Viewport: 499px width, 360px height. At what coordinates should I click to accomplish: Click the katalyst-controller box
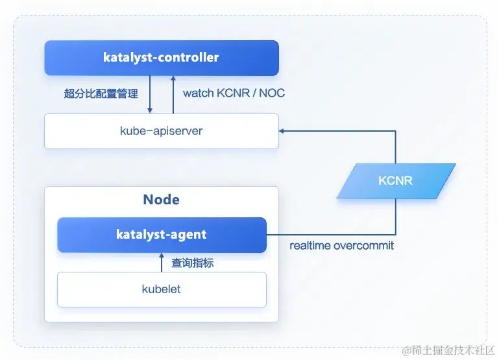tap(162, 57)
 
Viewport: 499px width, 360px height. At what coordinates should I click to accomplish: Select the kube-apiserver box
tap(162, 131)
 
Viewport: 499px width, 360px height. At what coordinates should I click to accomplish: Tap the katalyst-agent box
tap(162, 234)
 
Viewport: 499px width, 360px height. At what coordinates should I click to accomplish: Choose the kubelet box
tap(162, 289)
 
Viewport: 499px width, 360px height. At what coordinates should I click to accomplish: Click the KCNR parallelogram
tap(395, 180)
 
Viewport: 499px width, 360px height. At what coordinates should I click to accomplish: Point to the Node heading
tap(161, 200)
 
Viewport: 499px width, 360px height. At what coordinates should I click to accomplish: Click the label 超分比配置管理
tap(101, 93)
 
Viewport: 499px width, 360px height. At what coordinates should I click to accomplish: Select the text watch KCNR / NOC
tap(234, 93)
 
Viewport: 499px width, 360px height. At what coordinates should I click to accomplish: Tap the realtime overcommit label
tap(341, 246)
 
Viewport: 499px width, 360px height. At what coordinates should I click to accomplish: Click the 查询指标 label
tap(192, 263)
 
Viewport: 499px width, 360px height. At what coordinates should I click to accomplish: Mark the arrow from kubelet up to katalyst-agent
tap(162, 263)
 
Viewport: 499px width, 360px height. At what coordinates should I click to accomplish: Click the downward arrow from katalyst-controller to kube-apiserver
tap(150, 94)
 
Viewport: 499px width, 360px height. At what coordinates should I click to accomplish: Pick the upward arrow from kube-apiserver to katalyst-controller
tap(173, 94)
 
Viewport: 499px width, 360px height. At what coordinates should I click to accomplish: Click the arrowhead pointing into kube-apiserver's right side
tap(282, 131)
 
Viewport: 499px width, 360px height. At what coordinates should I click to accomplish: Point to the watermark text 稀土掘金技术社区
tap(448, 351)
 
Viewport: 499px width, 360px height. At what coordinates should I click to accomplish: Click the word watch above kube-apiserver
tap(197, 93)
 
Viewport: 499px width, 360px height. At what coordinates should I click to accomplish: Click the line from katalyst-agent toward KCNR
tap(331, 234)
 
